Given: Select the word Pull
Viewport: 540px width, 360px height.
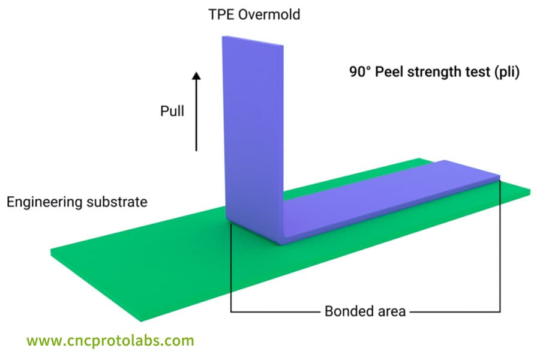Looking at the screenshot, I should [172, 111].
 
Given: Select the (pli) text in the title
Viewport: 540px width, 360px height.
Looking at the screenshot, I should [504, 72].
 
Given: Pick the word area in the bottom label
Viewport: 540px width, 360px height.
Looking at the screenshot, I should [392, 311].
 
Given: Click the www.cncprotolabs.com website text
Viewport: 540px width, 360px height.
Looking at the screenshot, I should [110, 341].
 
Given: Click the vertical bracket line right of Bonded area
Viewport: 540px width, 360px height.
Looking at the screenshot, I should [500, 252].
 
